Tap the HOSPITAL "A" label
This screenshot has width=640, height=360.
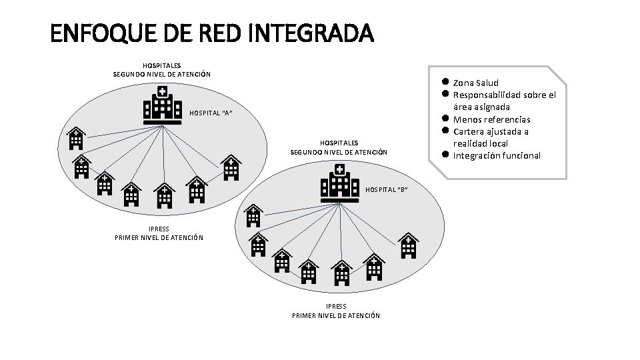pos(211,113)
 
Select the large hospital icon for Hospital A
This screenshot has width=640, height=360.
pos(163,107)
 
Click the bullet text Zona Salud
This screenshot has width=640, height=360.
pos(476,83)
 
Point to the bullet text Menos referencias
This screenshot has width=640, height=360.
pos(492,119)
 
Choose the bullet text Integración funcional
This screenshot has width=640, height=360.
pos(497,156)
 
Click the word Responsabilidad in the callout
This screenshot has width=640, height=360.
pos(491,95)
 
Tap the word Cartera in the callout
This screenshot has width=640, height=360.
pos(471,131)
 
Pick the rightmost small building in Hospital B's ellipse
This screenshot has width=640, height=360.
pos(408,245)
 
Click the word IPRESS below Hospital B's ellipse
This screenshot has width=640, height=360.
pos(336,307)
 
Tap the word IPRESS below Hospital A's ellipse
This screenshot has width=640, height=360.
pos(159,229)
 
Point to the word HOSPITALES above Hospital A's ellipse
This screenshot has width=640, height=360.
pos(161,65)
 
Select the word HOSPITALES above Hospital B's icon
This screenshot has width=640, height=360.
pos(339,143)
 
